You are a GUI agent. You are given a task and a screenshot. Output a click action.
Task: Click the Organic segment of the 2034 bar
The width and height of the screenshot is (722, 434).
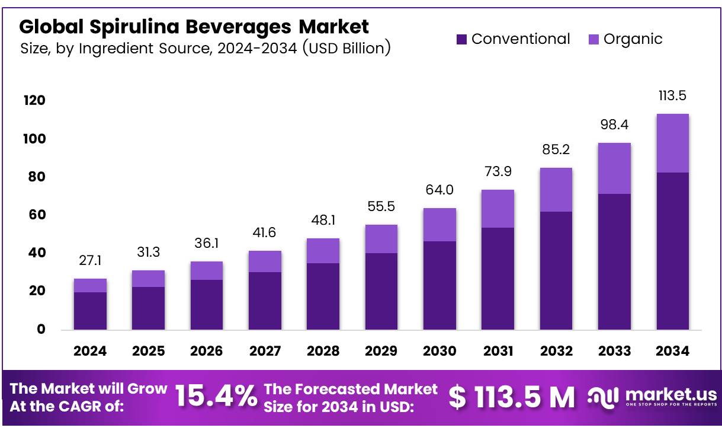click(x=672, y=143)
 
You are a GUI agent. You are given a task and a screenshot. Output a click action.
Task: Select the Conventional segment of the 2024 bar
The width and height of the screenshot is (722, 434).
click(x=90, y=311)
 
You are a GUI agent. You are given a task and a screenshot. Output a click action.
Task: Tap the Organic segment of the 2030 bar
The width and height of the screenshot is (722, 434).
click(x=439, y=225)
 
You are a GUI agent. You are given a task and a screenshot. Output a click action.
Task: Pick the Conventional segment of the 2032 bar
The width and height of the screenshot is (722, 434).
click(x=556, y=270)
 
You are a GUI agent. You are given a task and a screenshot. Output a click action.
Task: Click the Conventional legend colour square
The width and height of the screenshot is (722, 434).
click(x=462, y=40)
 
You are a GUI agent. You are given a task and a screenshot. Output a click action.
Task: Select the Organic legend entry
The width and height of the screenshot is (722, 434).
click(x=625, y=40)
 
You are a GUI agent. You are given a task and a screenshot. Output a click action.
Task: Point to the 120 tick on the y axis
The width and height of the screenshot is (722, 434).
click(x=34, y=101)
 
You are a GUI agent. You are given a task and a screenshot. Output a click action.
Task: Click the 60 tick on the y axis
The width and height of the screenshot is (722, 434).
click(x=37, y=215)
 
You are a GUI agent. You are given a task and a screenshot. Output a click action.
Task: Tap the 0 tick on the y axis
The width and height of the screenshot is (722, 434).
click(x=41, y=330)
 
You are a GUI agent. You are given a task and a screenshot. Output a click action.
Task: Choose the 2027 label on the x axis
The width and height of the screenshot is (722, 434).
click(x=265, y=351)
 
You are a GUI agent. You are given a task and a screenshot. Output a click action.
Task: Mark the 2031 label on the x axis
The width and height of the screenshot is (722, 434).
click(x=498, y=351)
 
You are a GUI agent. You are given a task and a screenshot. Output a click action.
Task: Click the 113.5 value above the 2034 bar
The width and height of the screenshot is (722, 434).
click(x=672, y=96)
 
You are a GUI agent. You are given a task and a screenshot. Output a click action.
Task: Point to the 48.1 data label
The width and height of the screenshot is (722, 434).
click(x=323, y=221)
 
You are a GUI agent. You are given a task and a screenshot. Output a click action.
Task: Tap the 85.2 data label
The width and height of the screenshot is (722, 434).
click(x=556, y=150)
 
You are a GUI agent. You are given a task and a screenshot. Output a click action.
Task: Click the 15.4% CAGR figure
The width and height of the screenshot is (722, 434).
click(x=216, y=397)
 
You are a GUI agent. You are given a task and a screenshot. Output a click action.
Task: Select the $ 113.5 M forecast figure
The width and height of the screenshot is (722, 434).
click(x=511, y=397)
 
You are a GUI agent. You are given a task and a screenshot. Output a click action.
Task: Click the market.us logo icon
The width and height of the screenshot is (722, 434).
click(x=603, y=397)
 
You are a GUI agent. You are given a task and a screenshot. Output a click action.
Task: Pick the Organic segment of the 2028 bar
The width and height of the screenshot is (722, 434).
click(x=323, y=251)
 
